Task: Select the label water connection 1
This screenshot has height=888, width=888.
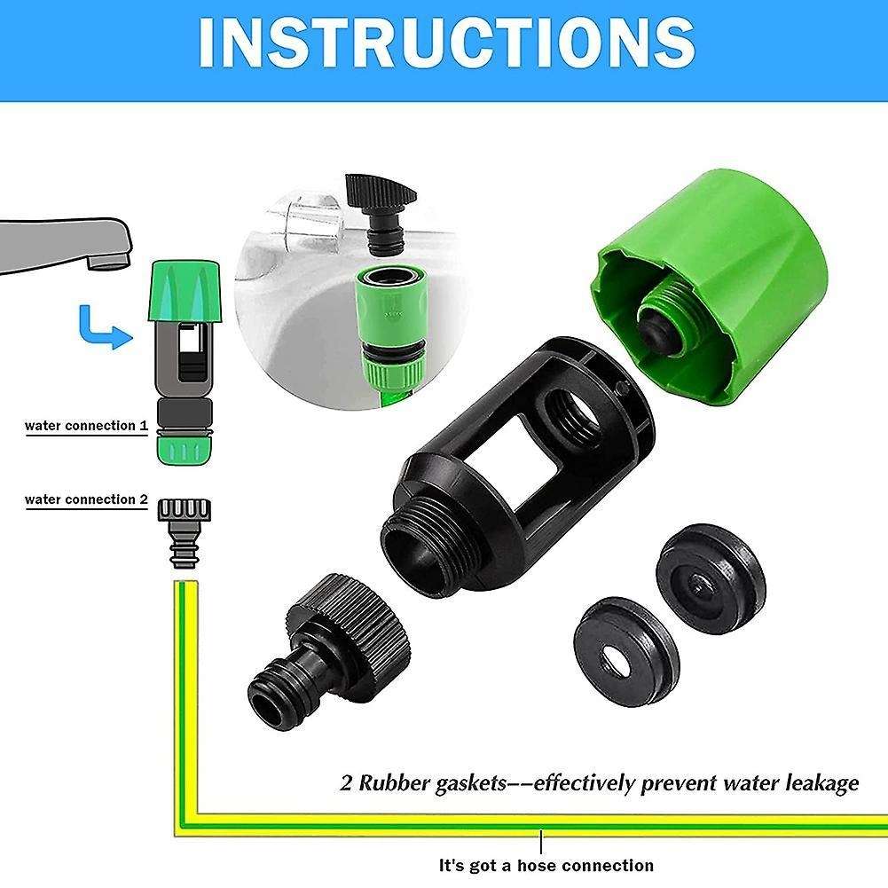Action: pos(86,426)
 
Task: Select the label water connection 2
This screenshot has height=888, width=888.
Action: pos(86,499)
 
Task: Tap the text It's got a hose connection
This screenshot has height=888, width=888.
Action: pos(546,865)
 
